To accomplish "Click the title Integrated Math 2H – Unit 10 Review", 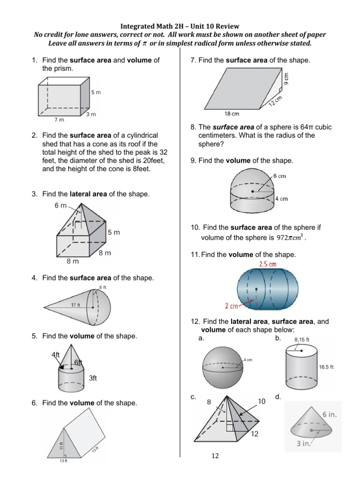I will [180, 26].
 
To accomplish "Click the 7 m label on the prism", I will [59, 120].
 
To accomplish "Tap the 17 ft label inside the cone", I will [76, 305].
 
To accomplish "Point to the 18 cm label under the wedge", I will [232, 114].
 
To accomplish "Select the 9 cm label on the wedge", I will [286, 77].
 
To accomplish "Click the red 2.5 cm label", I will [268, 264].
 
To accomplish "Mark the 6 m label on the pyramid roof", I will [61, 206].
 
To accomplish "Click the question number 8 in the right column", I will [193, 127].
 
